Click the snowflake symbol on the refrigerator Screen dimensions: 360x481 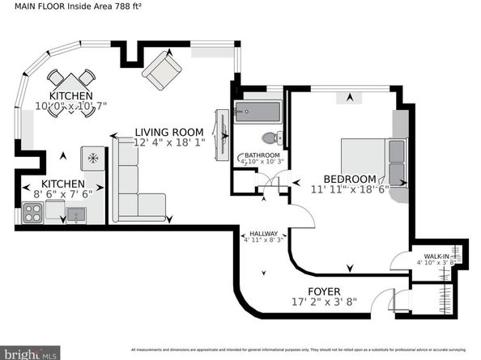[x=92, y=157]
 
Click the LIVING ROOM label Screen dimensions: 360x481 [x=168, y=133]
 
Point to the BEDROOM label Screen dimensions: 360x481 [x=350, y=179]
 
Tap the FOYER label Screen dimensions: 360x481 [x=323, y=291]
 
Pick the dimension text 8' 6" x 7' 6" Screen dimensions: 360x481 [x=64, y=194]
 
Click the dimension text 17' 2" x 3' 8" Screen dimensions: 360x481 [x=323, y=303]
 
